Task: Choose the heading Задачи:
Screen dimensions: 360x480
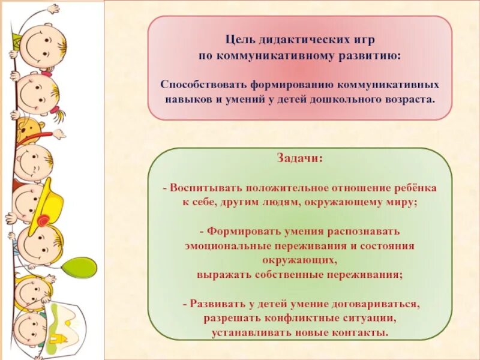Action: (300, 158)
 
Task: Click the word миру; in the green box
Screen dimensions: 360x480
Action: (400, 202)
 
